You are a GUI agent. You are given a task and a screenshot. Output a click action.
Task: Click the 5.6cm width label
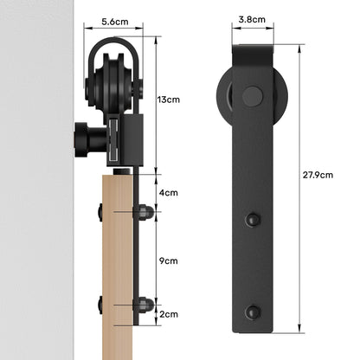tap(115, 21)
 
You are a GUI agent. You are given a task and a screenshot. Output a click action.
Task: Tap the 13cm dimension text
tap(170, 100)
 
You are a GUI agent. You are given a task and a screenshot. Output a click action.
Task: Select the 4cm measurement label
tap(170, 192)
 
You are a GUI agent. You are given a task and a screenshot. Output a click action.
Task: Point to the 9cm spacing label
tap(170, 260)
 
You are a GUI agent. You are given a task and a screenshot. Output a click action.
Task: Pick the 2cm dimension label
tap(170, 316)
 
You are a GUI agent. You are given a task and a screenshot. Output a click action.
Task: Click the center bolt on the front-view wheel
tap(252, 95)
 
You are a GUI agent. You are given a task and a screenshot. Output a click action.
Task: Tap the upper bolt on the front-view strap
tap(253, 220)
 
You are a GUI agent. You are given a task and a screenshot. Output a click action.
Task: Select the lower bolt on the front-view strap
tap(253, 311)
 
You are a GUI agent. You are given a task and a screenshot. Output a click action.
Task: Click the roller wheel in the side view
tap(113, 87)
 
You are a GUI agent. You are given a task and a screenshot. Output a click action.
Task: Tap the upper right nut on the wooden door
tap(145, 210)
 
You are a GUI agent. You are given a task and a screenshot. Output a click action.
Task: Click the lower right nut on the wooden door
tap(145, 305)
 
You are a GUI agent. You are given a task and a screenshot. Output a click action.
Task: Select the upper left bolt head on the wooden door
tap(100, 210)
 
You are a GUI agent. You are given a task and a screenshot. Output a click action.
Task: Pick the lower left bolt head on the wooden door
tap(100, 305)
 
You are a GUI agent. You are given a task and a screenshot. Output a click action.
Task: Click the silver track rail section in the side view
tap(115, 142)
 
